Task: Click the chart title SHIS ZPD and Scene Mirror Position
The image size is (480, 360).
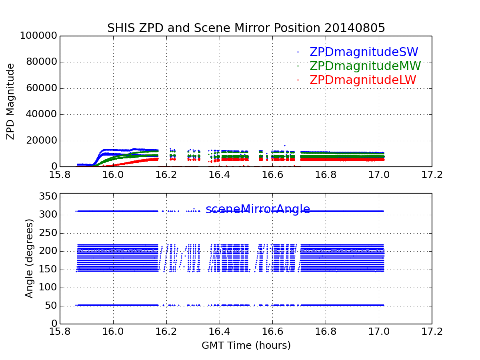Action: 213,28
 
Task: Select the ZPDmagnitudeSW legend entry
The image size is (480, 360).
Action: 364,52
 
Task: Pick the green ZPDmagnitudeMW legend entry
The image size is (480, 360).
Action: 365,66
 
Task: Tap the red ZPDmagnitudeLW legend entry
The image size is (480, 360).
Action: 362,80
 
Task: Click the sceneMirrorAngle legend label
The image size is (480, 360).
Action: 258,209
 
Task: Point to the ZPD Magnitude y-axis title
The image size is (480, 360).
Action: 11,101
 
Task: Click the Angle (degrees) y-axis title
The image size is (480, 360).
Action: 29,258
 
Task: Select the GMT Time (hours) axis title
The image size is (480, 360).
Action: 246,345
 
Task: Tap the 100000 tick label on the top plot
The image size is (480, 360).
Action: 38,36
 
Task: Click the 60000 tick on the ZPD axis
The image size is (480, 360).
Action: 41,88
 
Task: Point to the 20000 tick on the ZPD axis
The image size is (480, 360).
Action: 41,141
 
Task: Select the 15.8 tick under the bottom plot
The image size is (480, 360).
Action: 60,332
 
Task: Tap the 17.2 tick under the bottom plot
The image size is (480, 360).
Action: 432,332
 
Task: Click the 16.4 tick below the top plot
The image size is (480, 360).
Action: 166,175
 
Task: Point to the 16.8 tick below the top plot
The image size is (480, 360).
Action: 326,175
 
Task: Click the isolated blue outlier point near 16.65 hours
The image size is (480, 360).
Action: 285,146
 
